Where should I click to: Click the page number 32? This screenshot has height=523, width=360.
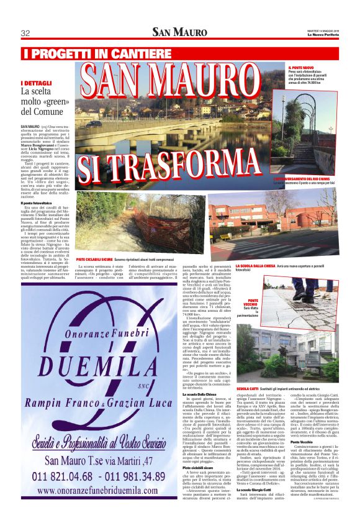26,33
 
